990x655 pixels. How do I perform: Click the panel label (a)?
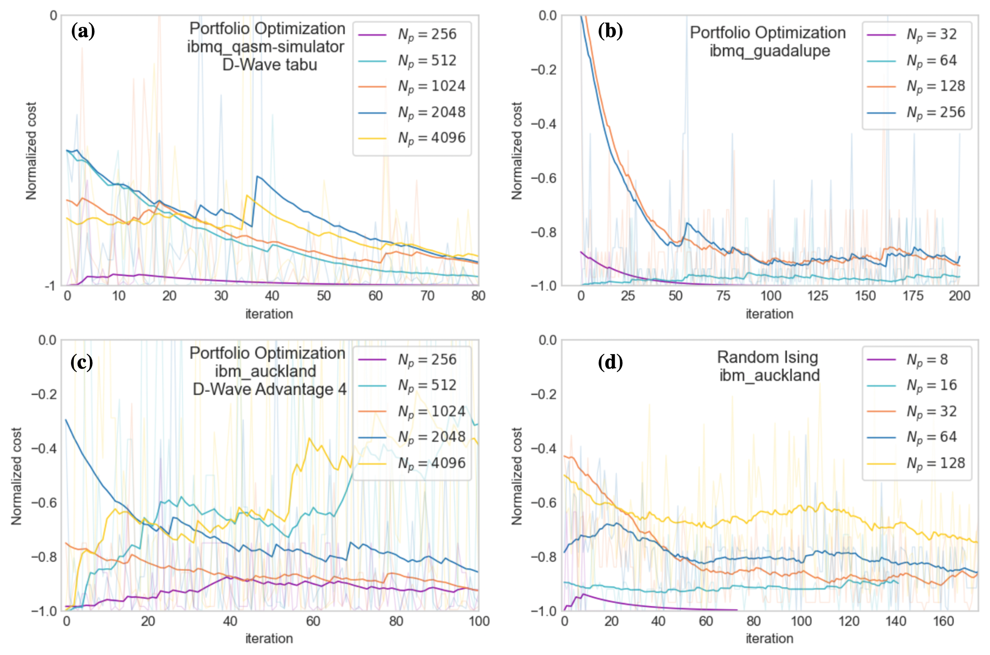83,32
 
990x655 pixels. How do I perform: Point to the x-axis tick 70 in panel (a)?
427,296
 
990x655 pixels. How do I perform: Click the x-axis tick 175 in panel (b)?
913,296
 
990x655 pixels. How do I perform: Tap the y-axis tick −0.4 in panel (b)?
544,124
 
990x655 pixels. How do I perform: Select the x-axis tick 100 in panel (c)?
479,621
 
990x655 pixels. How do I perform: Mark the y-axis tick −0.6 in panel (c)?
44,502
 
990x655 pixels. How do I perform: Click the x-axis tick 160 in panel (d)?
944,621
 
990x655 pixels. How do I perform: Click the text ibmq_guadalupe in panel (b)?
770,51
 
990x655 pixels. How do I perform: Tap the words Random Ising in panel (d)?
767,358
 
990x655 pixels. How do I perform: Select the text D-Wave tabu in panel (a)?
270,65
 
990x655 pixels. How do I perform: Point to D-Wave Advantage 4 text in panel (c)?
270,389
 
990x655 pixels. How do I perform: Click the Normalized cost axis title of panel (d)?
517,476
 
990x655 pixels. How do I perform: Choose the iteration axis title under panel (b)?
770,314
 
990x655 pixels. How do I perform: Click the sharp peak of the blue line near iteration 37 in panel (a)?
258,176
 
